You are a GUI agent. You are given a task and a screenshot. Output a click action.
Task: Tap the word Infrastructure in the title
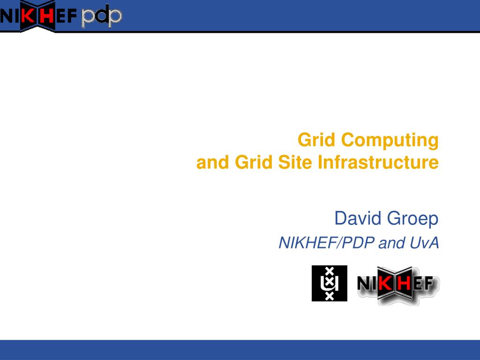point(378,162)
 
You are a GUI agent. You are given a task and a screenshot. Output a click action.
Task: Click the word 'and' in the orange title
point(213,162)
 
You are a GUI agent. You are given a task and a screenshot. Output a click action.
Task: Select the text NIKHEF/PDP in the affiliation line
point(327,243)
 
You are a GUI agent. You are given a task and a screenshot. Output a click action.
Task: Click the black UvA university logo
point(330,283)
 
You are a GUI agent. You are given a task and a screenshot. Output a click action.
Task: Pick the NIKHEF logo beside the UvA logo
point(398,285)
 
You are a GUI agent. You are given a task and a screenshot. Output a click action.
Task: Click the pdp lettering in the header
point(102,16)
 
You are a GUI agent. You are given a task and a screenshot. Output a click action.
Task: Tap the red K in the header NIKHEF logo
point(28,16)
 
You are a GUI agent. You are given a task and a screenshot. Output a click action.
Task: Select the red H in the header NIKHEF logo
point(47,16)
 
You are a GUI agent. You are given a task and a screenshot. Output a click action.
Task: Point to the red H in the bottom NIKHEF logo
point(404,284)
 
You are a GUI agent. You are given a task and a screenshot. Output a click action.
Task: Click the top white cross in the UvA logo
point(330,271)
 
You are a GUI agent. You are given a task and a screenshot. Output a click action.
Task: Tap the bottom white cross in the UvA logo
point(330,296)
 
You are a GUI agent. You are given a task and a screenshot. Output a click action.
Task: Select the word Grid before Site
point(254,162)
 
